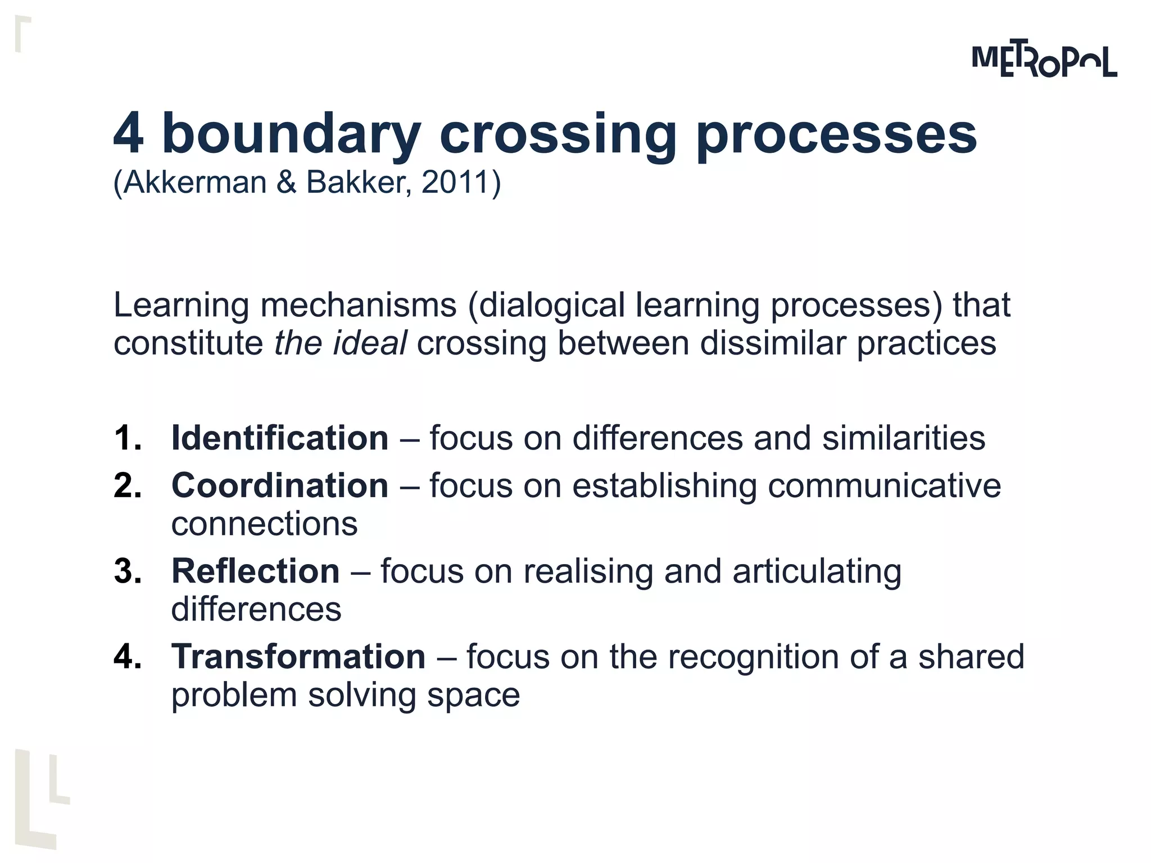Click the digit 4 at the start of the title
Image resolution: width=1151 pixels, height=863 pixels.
point(128,134)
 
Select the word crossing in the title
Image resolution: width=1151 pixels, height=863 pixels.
point(558,135)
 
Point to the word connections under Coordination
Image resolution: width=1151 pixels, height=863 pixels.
point(264,524)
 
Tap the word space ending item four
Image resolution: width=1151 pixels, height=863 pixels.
point(473,696)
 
